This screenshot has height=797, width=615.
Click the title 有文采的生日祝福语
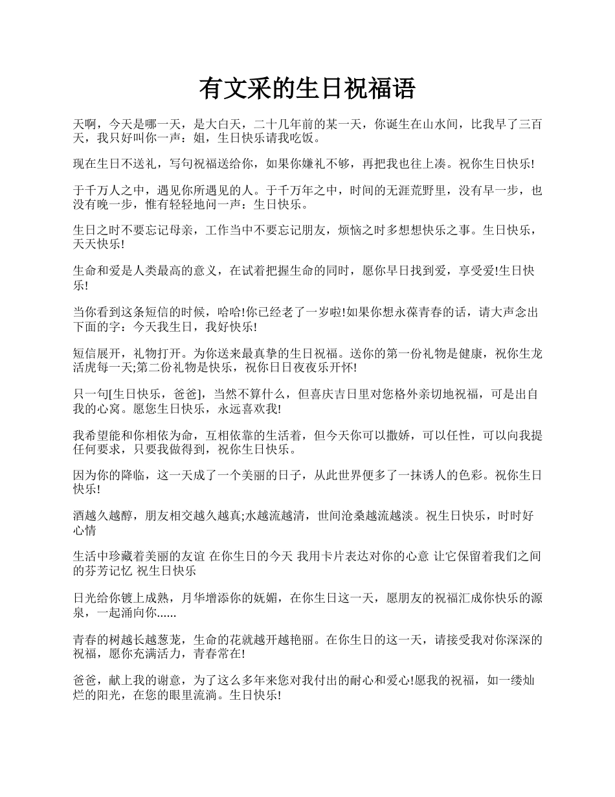tap(307, 89)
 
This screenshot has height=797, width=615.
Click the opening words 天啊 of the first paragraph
tap(85, 124)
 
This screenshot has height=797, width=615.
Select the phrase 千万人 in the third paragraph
tap(103, 191)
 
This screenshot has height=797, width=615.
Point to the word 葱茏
tap(168, 640)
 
